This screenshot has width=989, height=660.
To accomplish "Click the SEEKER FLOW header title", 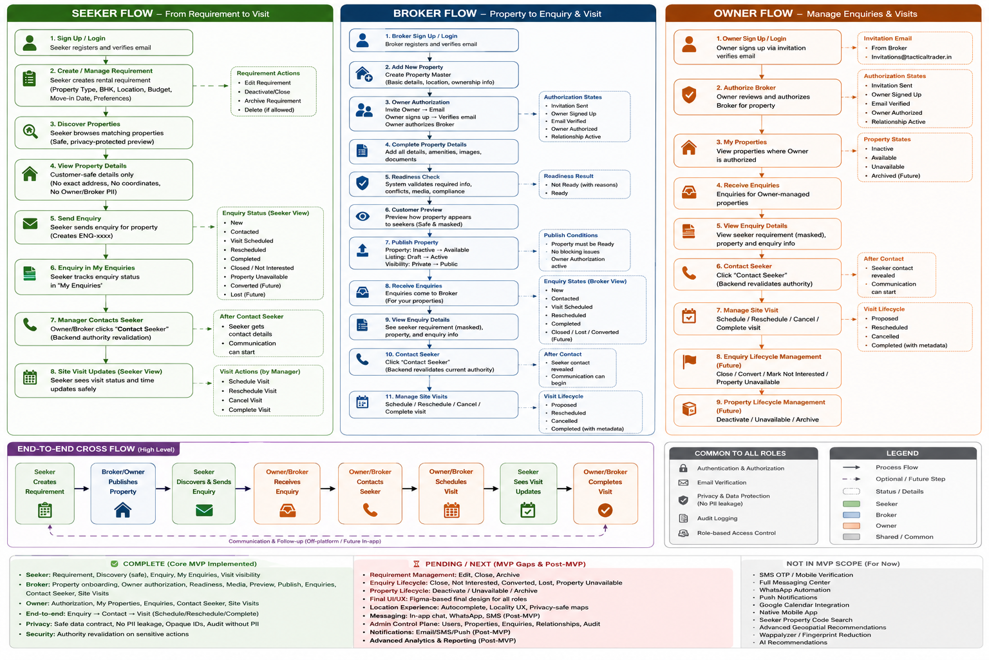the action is click(x=112, y=14).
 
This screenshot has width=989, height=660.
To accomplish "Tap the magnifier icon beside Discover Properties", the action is click(x=30, y=131).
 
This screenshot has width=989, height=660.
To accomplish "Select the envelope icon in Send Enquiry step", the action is click(x=30, y=224).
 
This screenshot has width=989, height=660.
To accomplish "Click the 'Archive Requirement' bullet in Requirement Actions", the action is click(x=272, y=101).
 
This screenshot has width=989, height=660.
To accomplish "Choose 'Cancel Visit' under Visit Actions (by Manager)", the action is click(x=245, y=400).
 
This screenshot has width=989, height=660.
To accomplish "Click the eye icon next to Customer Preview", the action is click(x=363, y=216).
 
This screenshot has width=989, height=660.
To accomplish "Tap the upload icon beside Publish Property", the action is click(x=363, y=250).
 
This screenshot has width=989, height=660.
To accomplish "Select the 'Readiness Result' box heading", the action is click(x=569, y=176).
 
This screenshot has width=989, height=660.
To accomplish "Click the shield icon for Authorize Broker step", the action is click(x=689, y=95).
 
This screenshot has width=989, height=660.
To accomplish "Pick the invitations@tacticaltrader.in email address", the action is click(x=911, y=57).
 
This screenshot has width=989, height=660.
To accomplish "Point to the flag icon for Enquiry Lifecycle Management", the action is click(x=689, y=361).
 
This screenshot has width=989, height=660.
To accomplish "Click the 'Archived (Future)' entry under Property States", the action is click(x=896, y=175).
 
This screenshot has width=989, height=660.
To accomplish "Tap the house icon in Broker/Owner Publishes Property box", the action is click(x=123, y=510).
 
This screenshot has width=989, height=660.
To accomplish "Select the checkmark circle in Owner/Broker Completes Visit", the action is click(x=605, y=510).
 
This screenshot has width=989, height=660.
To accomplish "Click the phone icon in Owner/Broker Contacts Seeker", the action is click(x=370, y=510).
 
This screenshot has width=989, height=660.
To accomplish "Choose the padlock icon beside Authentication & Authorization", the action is click(x=683, y=468).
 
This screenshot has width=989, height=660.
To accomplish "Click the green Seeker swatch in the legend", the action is click(x=851, y=504).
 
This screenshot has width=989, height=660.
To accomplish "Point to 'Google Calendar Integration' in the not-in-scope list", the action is click(x=804, y=605).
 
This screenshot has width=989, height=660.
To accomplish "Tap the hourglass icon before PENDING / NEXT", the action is click(x=416, y=564).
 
